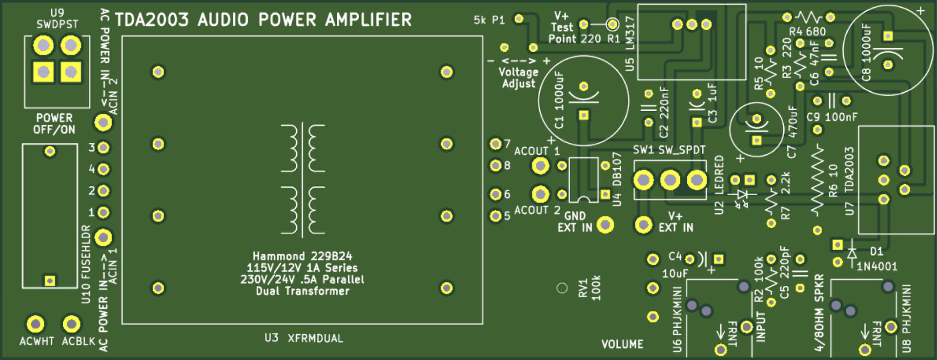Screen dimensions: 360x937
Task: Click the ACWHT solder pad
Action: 35,323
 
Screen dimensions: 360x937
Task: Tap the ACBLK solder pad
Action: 71,323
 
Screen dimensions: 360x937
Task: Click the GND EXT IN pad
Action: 605,225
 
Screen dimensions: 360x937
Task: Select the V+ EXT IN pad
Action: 644,225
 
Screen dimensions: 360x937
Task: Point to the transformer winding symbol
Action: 303,180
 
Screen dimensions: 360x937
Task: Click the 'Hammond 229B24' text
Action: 302,256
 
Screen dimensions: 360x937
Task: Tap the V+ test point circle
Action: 612,24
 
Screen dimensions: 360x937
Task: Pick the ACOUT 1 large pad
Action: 540,166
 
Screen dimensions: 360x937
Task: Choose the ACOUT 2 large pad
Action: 540,194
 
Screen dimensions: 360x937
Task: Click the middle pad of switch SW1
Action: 670,180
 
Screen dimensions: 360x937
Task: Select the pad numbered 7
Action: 495,144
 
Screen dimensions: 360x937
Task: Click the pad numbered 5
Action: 495,216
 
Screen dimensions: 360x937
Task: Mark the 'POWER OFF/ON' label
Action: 54,124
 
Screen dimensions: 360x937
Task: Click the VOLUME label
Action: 622,344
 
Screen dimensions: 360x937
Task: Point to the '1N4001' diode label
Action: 877,266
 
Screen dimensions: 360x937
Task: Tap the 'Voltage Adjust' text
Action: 518,78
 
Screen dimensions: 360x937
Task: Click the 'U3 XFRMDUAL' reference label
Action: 304,338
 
